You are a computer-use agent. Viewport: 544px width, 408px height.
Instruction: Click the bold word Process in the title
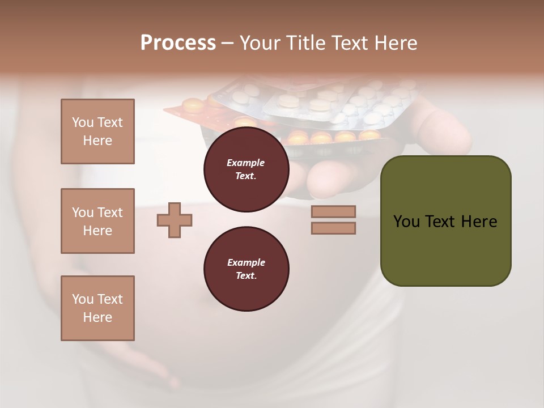click(x=178, y=43)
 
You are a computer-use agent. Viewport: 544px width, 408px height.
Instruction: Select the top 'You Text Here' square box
click(x=97, y=131)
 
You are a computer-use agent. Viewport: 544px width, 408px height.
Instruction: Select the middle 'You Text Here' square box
click(x=97, y=221)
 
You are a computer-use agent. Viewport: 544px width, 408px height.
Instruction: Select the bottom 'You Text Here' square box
click(x=97, y=308)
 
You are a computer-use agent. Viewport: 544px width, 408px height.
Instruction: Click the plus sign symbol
click(x=175, y=219)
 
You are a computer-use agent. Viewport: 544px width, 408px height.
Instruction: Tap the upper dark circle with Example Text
click(x=246, y=169)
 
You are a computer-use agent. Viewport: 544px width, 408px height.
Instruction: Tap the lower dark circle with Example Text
click(x=246, y=269)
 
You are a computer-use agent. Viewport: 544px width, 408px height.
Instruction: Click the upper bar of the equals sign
click(x=333, y=211)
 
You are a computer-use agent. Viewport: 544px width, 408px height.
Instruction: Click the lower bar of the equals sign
click(x=333, y=228)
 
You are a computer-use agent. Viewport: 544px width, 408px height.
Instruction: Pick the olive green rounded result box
click(x=445, y=249)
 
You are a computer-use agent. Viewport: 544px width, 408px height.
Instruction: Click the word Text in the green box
click(x=443, y=222)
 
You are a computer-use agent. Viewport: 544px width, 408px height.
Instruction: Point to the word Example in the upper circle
click(x=246, y=163)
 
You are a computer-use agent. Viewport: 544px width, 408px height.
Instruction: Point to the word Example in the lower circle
click(x=246, y=262)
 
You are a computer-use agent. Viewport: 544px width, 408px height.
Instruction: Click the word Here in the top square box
click(x=97, y=141)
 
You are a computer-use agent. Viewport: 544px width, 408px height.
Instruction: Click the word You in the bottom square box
click(x=83, y=299)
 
